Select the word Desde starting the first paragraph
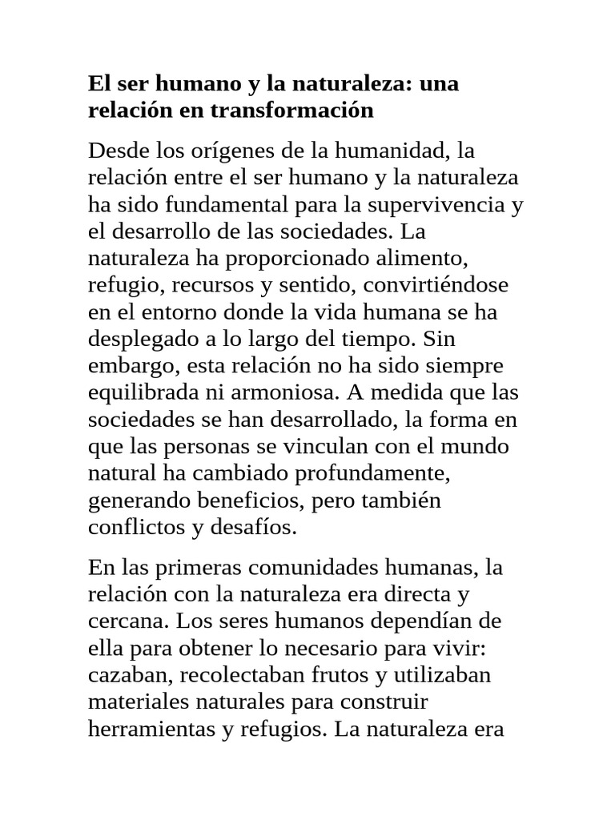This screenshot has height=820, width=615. pos(118,150)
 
